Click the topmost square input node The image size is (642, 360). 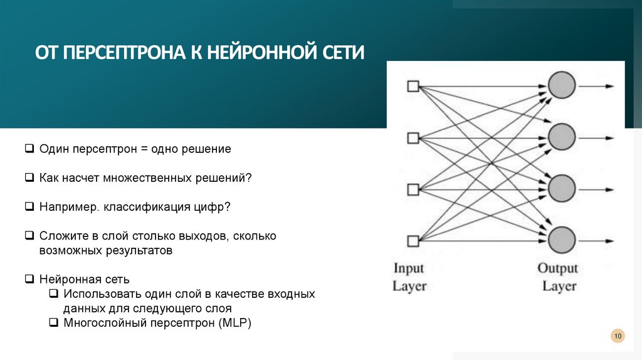[413, 86]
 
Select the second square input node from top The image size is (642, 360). [413, 137]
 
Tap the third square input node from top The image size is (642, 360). [413, 189]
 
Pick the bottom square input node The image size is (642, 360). [413, 240]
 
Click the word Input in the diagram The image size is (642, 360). [409, 268]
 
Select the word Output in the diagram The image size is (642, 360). [558, 268]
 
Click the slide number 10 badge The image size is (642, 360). [618, 337]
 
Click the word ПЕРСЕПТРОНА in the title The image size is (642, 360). [121, 51]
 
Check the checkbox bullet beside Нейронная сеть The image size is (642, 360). [29, 278]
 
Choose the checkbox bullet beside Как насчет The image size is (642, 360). [29, 178]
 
